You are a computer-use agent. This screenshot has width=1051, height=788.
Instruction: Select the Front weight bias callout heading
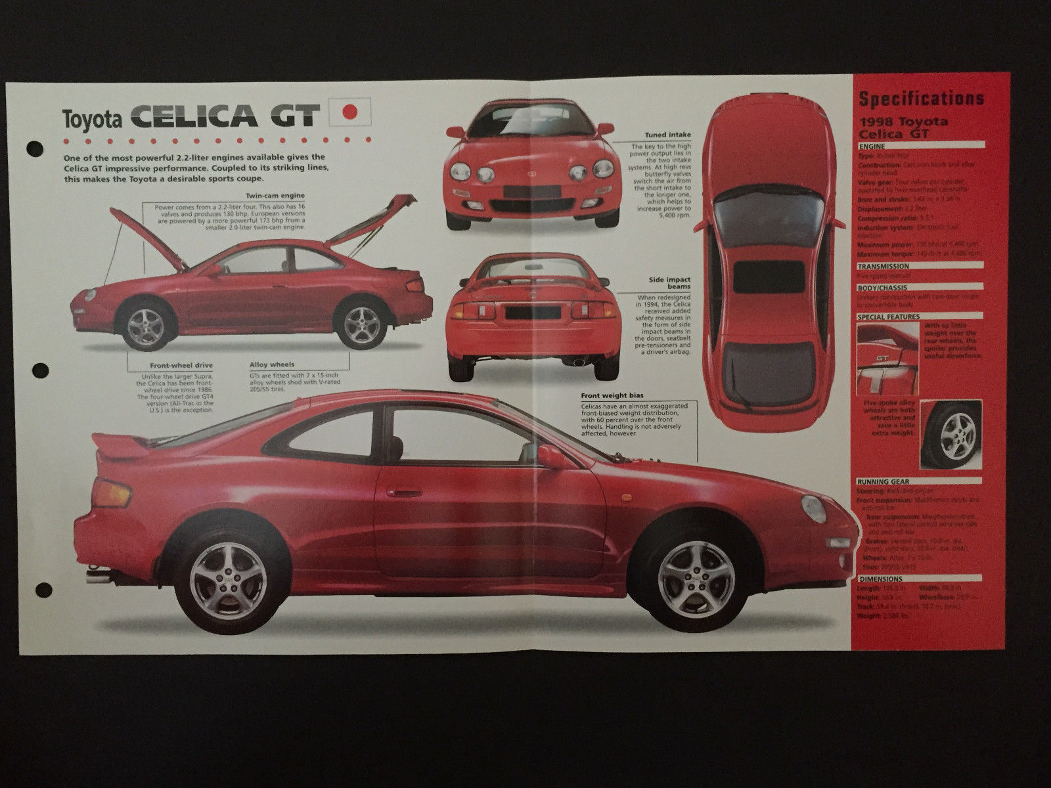(612, 396)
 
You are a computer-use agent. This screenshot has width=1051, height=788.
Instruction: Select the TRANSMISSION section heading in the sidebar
(883, 267)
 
